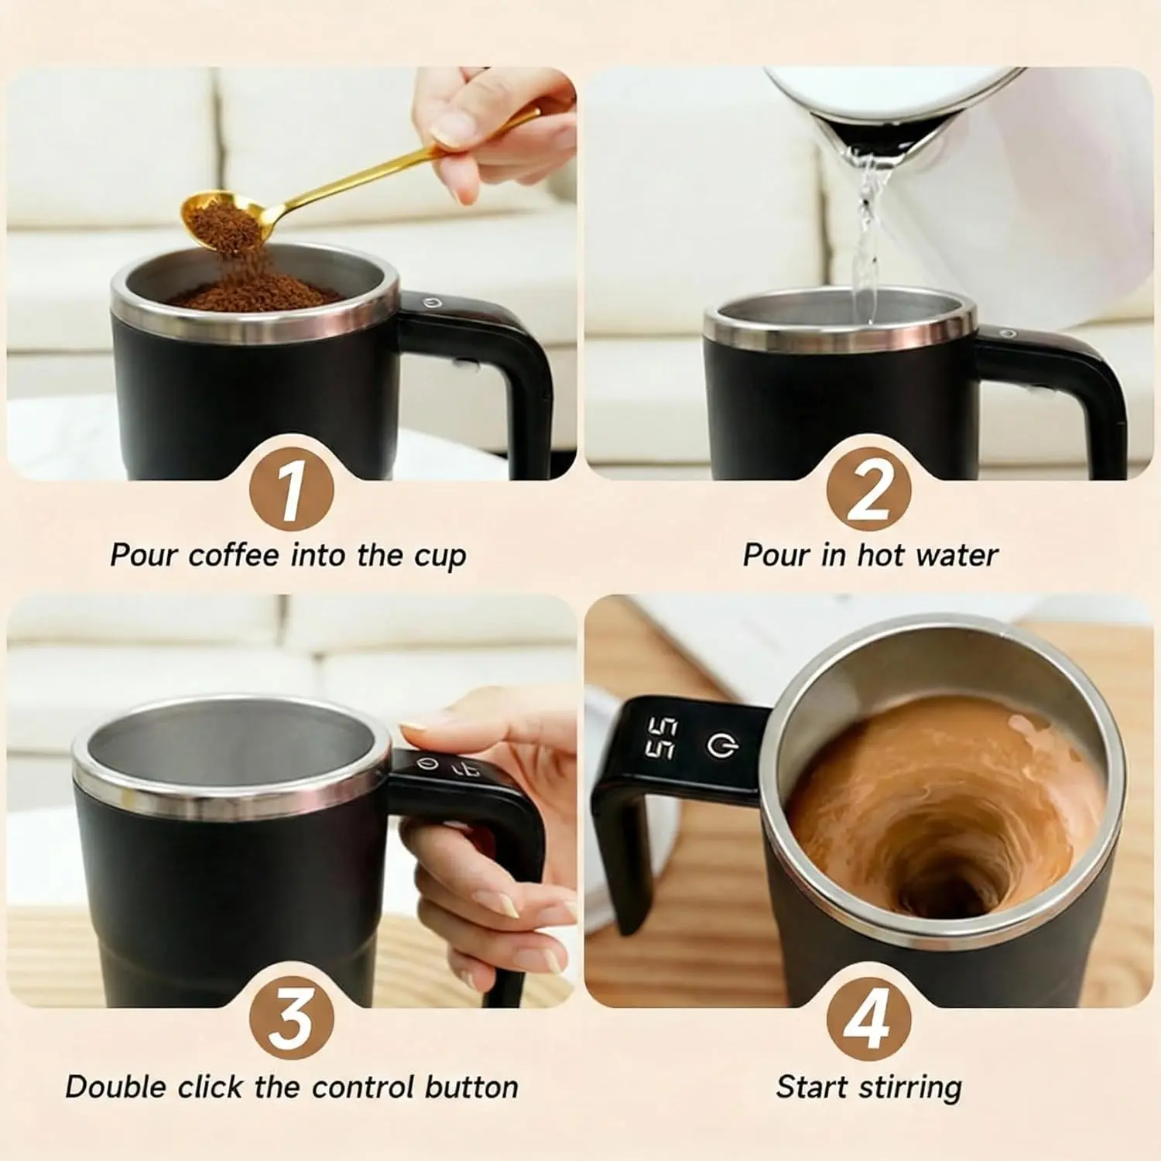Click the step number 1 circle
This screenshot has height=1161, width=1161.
(x=291, y=488)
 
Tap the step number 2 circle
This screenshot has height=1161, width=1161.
(x=868, y=488)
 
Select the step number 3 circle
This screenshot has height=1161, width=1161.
(x=291, y=1017)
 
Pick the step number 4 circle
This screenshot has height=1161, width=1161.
(x=868, y=1017)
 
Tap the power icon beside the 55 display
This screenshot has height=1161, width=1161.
(x=722, y=744)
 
